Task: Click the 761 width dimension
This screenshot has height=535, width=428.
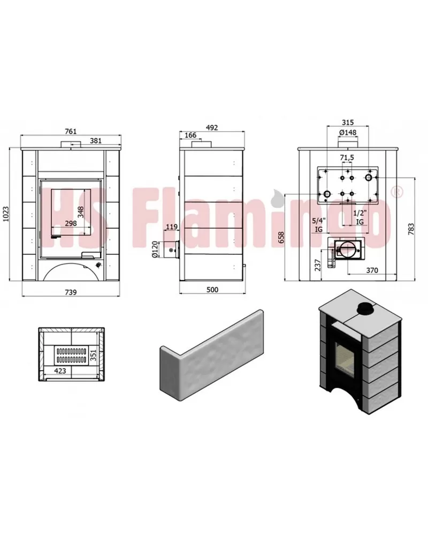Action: (71, 131)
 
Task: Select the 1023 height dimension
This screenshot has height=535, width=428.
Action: (6, 214)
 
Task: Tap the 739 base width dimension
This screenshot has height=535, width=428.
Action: (71, 292)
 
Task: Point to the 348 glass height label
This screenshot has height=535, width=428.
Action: (81, 212)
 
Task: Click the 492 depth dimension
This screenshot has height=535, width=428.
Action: (212, 127)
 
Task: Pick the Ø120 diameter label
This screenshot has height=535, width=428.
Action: (155, 250)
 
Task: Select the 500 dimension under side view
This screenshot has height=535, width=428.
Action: (212, 290)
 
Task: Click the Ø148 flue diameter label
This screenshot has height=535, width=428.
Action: (348, 132)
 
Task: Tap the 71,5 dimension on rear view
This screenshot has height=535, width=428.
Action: (347, 157)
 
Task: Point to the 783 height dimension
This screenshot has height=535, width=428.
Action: (411, 229)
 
